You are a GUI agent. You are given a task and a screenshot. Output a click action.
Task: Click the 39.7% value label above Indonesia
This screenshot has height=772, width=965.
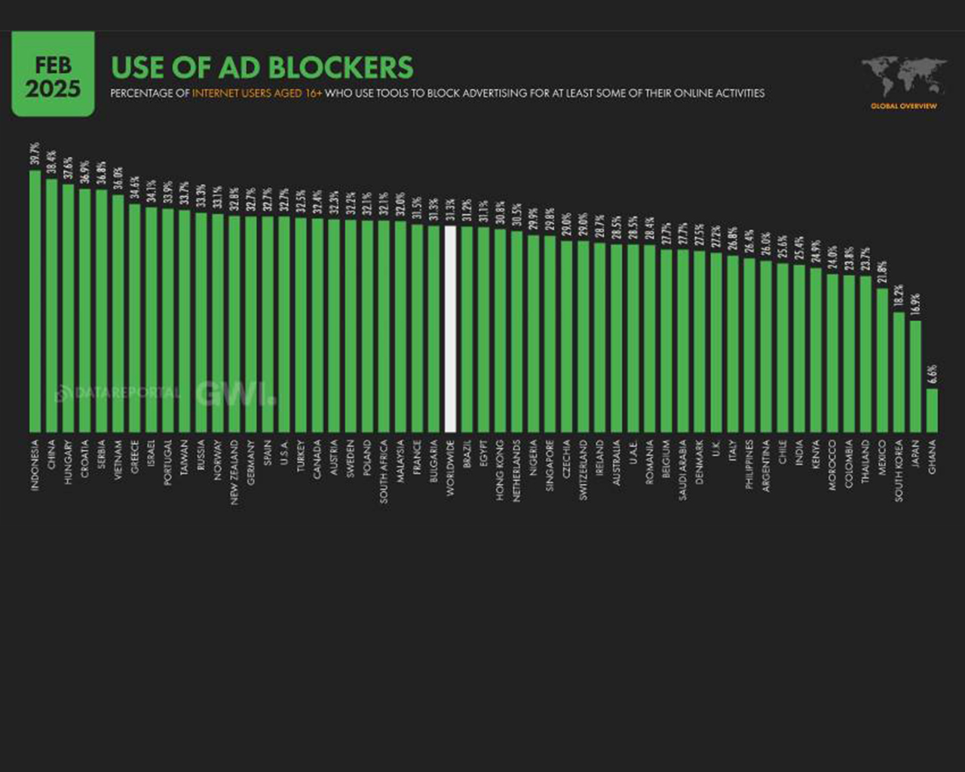(35, 154)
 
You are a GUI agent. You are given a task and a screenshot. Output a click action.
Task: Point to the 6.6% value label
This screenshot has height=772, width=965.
(932, 373)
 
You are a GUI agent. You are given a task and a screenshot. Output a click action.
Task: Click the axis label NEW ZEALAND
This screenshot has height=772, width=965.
(234, 472)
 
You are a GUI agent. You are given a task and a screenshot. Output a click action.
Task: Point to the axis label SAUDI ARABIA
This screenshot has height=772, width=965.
(682, 471)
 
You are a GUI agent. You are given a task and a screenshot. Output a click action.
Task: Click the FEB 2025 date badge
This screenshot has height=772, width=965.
(53, 75)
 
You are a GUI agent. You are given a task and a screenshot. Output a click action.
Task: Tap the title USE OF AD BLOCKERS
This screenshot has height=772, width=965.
(262, 68)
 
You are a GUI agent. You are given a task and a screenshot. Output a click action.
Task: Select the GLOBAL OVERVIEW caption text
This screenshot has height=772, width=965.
(903, 106)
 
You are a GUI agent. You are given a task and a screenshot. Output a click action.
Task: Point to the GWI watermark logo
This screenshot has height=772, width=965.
(234, 394)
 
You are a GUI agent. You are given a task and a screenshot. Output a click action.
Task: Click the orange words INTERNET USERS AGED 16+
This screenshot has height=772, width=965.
(256, 93)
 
